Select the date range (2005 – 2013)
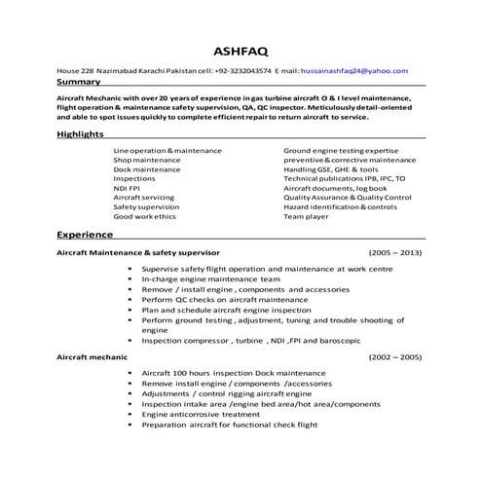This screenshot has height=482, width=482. pos(395,252)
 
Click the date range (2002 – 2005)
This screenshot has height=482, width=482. pos(395,357)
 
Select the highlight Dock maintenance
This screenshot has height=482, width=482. pos(147,169)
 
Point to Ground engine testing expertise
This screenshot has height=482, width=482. pos(341,151)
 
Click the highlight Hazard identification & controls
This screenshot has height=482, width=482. pos(340,206)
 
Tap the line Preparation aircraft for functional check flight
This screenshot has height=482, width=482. pos(230,425)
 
